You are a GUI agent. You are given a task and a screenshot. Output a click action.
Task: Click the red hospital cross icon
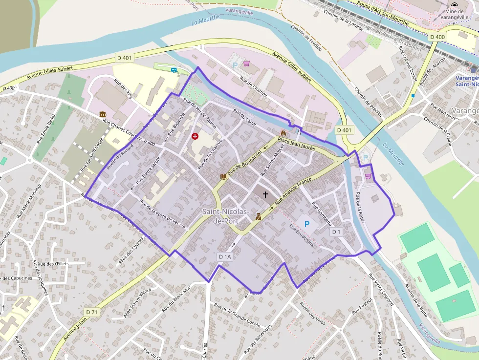(196, 136)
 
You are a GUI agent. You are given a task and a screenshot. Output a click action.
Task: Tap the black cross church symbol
(265, 195)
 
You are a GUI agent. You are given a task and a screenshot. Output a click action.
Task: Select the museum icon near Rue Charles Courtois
(103, 114)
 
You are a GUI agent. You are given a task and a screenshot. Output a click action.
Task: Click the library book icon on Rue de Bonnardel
(224, 176)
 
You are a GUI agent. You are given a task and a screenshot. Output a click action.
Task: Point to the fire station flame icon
(283, 133)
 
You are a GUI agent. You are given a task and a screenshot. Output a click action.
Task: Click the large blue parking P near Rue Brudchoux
(307, 224)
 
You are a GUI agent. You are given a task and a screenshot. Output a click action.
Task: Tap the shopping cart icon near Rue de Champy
(247, 63)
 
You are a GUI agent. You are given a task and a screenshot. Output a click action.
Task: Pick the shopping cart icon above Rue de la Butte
(368, 176)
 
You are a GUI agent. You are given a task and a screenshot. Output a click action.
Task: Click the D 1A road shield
(225, 256)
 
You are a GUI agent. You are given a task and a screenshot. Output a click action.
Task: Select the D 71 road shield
(92, 312)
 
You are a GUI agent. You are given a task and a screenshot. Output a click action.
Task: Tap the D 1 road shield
(336, 232)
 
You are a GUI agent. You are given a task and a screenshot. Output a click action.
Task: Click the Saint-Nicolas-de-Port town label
(226, 216)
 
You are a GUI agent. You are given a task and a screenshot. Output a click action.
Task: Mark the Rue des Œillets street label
(53, 264)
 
